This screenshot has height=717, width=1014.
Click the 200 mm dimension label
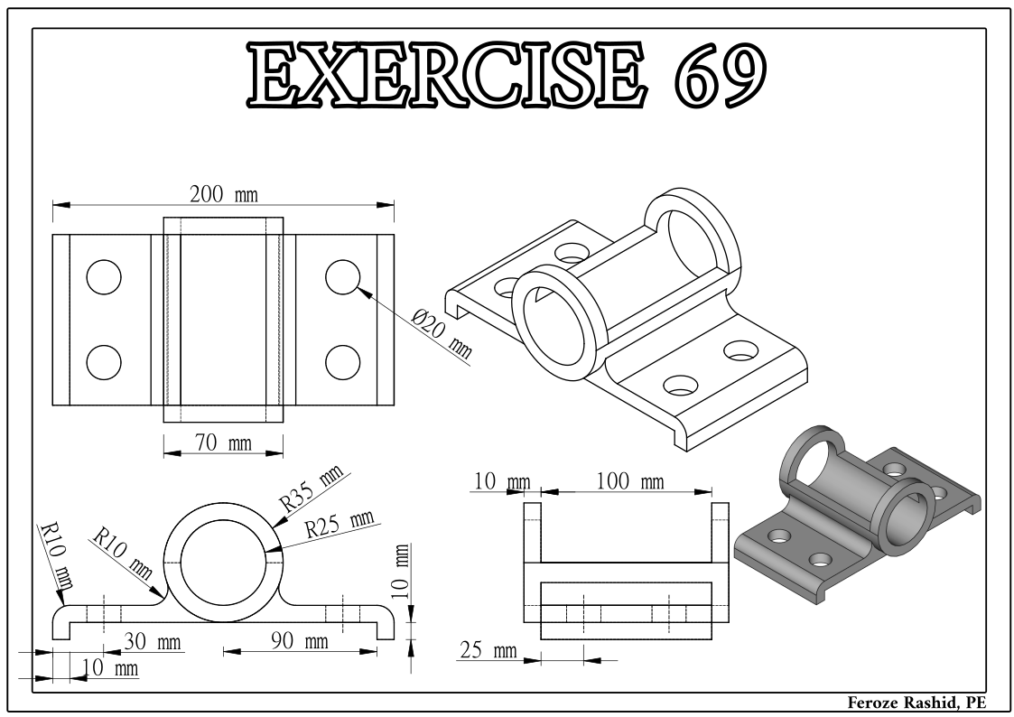(222, 194)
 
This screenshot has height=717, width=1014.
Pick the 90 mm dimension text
(301, 642)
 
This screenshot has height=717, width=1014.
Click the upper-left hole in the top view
(104, 278)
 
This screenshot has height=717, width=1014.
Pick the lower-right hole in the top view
(343, 362)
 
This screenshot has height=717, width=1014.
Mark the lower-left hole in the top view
(104, 362)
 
